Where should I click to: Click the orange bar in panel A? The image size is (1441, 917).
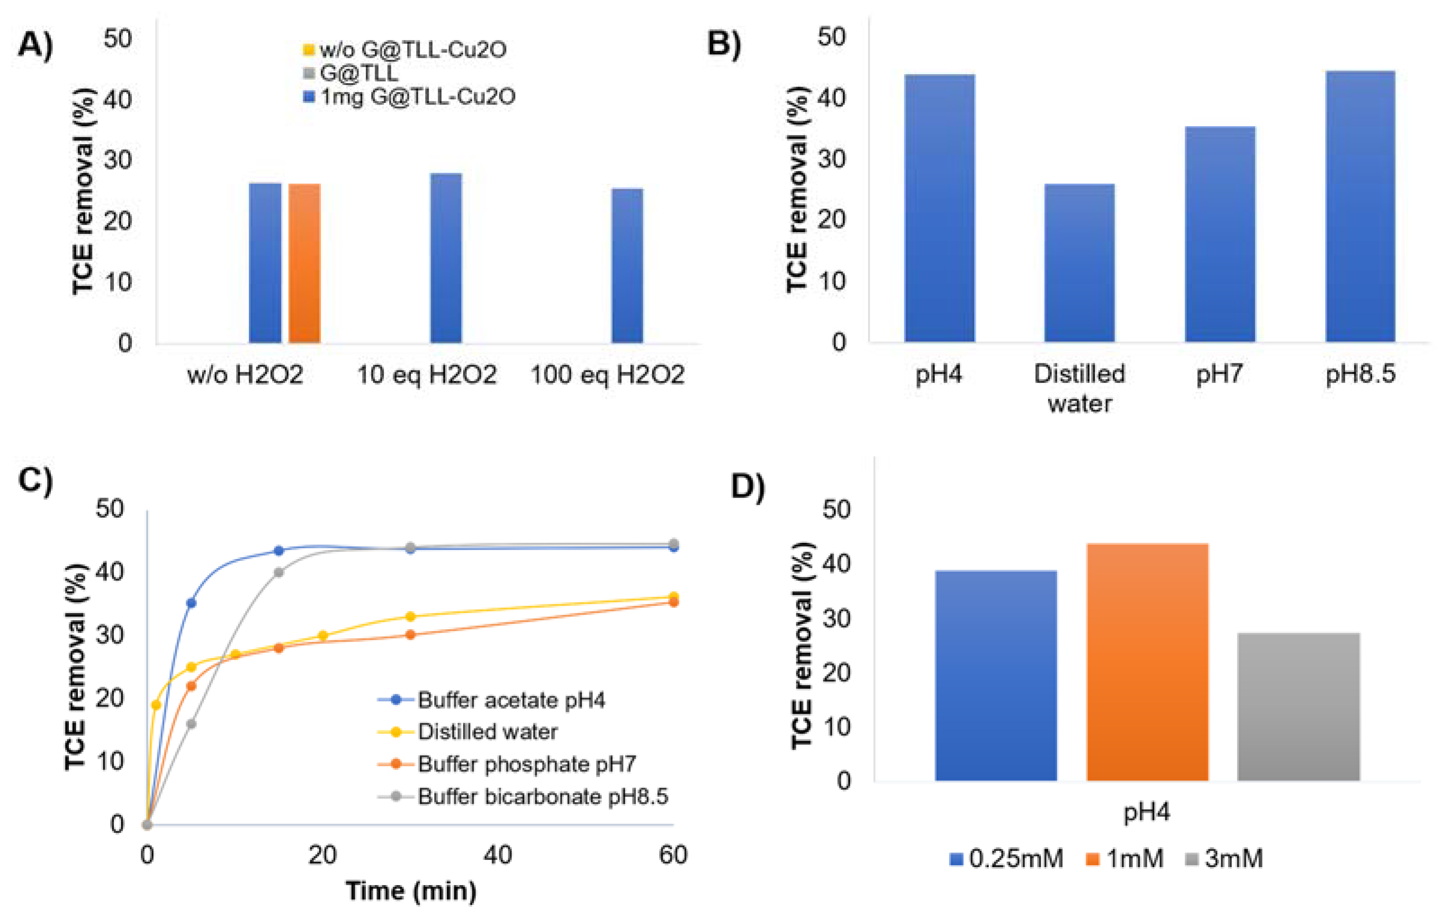tap(304, 263)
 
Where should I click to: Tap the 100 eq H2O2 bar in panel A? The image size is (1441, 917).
tap(627, 266)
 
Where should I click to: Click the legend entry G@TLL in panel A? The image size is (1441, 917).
tap(358, 73)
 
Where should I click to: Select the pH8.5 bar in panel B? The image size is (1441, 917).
tap(1360, 206)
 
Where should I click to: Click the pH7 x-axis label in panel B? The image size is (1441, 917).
tap(1219, 375)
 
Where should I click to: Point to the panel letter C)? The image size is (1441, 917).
tap(35, 479)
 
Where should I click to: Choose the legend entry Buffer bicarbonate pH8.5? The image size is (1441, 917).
tap(542, 796)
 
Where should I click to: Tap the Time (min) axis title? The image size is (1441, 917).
tap(411, 890)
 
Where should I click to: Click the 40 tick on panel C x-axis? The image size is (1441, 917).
tap(497, 855)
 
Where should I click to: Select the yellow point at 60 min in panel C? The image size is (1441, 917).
tap(673, 596)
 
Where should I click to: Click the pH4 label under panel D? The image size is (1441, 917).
tap(1146, 812)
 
